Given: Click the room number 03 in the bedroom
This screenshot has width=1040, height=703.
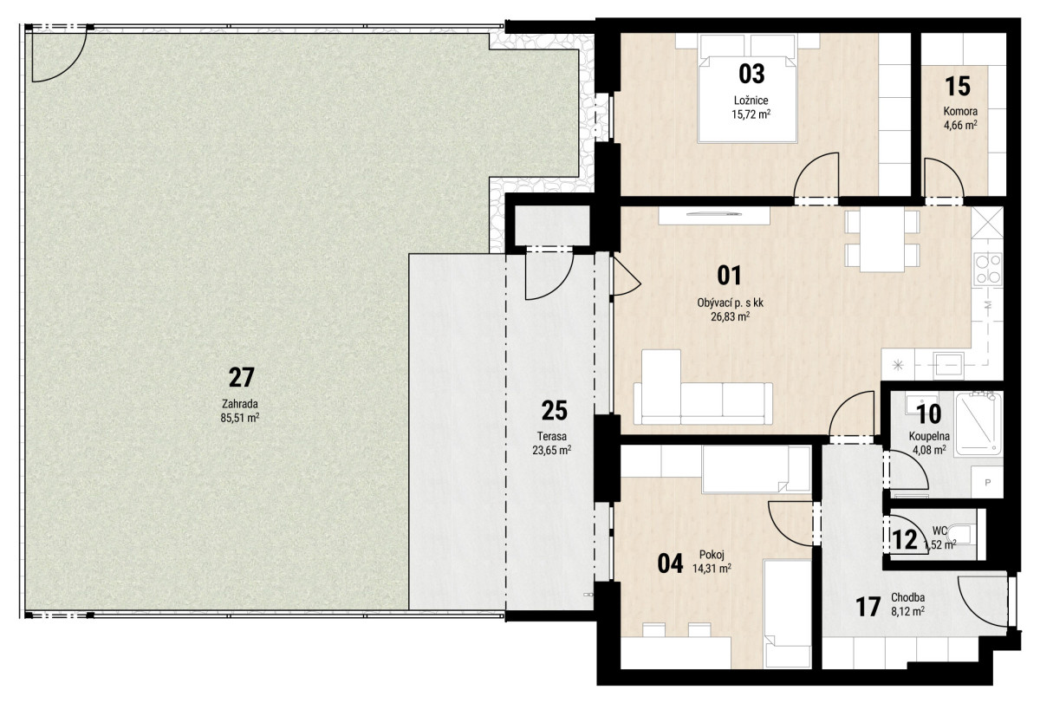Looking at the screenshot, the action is pyautogui.click(x=751, y=75).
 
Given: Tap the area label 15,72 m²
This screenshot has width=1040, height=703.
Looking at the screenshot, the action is pyautogui.click(x=751, y=114).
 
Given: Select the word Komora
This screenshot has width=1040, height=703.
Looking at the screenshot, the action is pyautogui.click(x=960, y=112).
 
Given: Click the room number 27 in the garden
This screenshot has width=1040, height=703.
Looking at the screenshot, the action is pyautogui.click(x=242, y=377).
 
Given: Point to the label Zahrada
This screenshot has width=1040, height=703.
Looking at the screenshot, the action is pyautogui.click(x=239, y=404).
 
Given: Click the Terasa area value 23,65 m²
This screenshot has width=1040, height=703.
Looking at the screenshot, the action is pyautogui.click(x=551, y=450).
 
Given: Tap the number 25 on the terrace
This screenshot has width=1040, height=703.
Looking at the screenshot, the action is pyautogui.click(x=555, y=411).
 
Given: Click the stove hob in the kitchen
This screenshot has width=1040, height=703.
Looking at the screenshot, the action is pyautogui.click(x=987, y=270).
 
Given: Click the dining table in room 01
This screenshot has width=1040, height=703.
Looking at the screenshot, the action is pyautogui.click(x=882, y=240).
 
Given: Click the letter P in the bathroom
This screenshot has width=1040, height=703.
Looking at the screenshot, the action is pyautogui.click(x=987, y=483).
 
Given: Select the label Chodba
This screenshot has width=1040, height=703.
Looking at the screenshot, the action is pyautogui.click(x=907, y=597).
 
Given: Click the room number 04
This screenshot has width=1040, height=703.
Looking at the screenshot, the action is pyautogui.click(x=671, y=563).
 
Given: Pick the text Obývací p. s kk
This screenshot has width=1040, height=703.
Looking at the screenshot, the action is pyautogui.click(x=731, y=303).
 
